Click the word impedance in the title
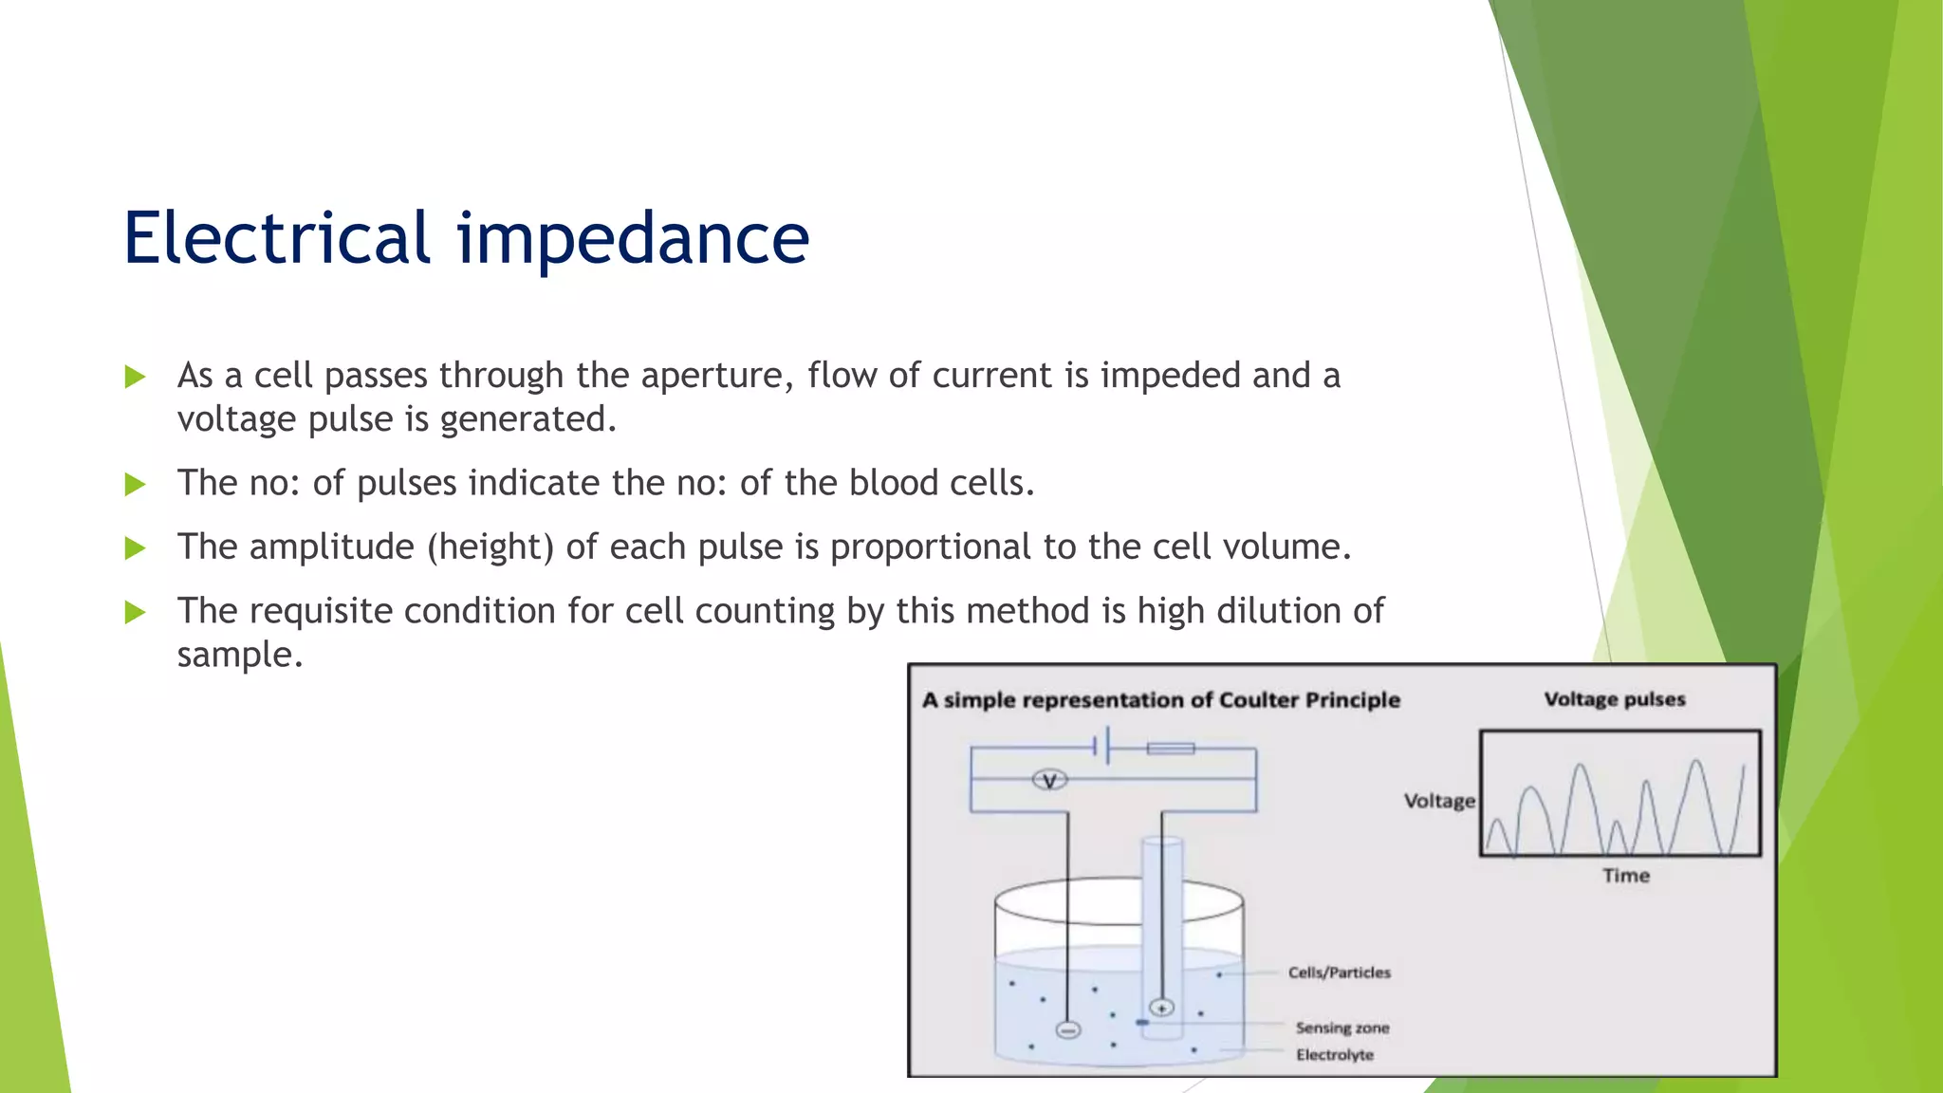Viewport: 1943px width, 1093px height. click(633, 239)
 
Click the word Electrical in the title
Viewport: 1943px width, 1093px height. click(277, 237)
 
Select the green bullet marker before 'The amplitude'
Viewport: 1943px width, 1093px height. click(135, 548)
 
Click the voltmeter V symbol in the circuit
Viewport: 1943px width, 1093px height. click(1049, 781)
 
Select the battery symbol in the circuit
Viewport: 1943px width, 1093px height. click(1101, 747)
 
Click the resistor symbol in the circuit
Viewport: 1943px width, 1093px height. click(1171, 749)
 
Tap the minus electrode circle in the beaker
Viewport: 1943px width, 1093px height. click(1068, 1030)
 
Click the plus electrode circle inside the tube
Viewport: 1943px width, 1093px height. click(1161, 1008)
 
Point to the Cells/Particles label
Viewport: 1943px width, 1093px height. click(1339, 973)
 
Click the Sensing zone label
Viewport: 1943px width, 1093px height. click(1342, 1028)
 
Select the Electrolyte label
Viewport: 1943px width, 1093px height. click(1335, 1055)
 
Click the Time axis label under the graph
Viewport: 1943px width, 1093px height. click(1626, 876)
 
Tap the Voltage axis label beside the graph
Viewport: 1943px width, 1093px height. click(1439, 801)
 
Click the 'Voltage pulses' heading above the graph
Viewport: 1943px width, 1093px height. click(1615, 699)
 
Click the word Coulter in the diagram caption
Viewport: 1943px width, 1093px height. click(1259, 700)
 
